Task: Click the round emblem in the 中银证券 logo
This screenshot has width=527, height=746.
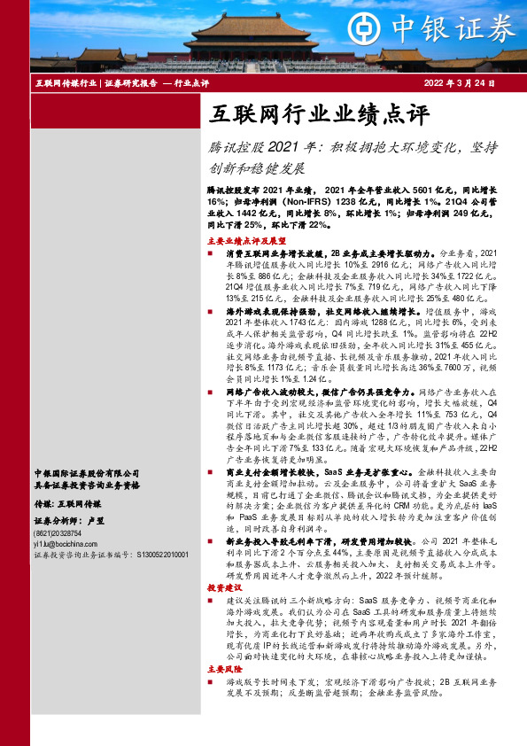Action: point(364,27)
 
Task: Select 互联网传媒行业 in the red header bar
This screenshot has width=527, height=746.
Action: point(66,83)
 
